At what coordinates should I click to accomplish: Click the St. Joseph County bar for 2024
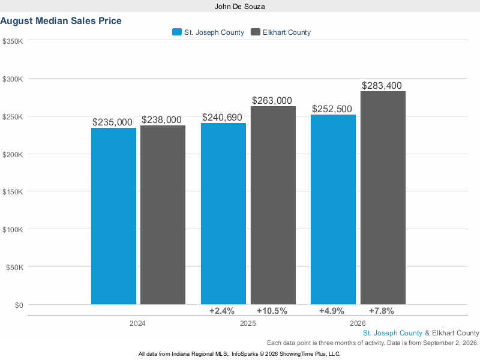click(113, 216)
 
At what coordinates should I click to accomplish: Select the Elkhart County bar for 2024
click(163, 215)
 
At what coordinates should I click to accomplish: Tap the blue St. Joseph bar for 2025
click(223, 214)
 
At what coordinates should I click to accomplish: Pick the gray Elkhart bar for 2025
click(274, 205)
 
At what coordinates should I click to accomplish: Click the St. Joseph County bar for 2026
click(334, 209)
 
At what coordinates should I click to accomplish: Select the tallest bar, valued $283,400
click(383, 198)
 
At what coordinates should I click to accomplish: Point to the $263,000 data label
click(272, 100)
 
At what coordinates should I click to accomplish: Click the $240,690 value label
click(222, 117)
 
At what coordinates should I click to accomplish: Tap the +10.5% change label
click(272, 311)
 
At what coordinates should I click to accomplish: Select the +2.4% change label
click(222, 311)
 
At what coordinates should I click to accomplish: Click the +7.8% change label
click(382, 311)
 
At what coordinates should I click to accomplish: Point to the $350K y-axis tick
click(13, 41)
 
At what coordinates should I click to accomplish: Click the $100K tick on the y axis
click(13, 230)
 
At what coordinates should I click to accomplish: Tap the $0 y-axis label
click(19, 305)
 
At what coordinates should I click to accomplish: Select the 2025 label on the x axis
click(248, 323)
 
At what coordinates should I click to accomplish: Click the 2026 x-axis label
click(358, 323)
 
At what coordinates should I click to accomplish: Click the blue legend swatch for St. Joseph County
click(177, 32)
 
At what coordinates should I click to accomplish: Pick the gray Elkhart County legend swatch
click(256, 32)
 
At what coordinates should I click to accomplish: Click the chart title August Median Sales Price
click(61, 21)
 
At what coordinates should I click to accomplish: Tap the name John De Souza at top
click(239, 7)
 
